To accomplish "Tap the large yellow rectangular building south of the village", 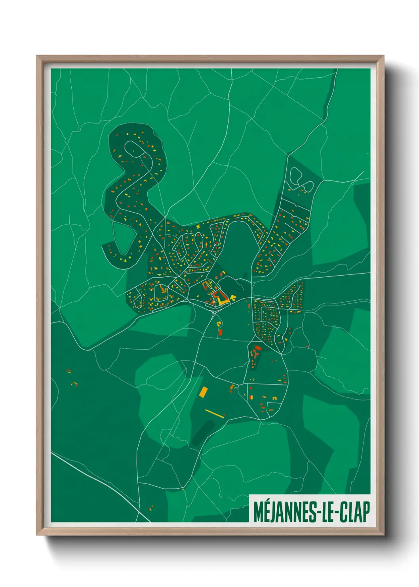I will pyautogui.click(x=204, y=392).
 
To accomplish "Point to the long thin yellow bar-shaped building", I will pyautogui.click(x=215, y=413).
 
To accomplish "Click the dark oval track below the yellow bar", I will pyautogui.click(x=203, y=432).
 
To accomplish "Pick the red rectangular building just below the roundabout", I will pyautogui.click(x=221, y=332).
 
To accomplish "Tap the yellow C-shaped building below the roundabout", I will pyautogui.click(x=219, y=324).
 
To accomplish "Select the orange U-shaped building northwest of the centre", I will pyautogui.click(x=206, y=284).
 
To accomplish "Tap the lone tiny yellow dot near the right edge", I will pyautogui.click(x=368, y=153).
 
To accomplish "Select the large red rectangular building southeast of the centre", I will pyautogui.click(x=258, y=348).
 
